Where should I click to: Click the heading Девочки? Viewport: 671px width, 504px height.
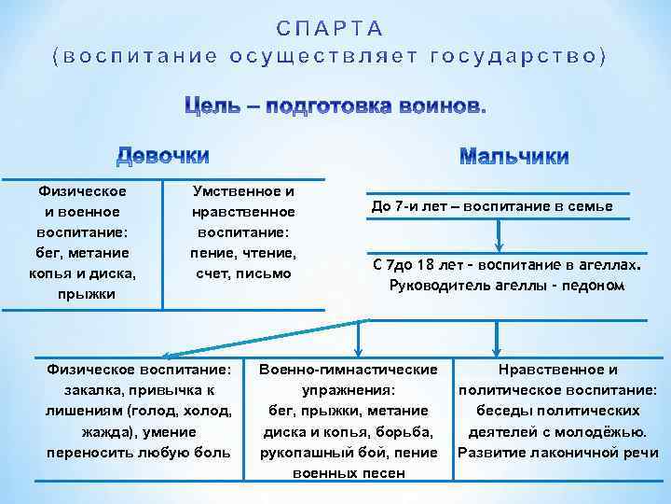coord(162,155)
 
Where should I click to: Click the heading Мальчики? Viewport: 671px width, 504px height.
coord(514,156)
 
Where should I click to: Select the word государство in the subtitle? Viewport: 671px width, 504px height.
coord(518,56)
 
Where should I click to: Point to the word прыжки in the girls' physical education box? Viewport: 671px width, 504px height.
coord(83,294)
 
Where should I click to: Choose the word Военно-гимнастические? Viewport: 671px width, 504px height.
coord(349,370)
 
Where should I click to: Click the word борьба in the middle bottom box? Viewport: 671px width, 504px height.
coord(410,431)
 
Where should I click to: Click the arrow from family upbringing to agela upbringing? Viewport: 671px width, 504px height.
coord(500,237)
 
